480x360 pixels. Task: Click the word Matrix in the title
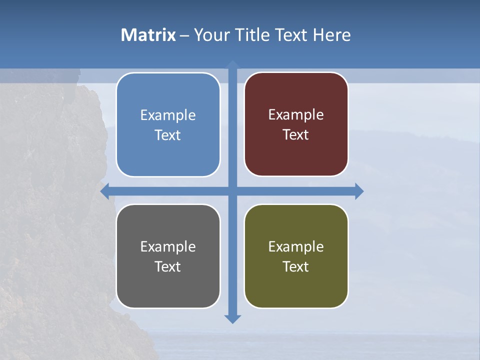tap(148, 35)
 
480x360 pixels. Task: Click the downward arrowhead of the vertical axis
tap(232, 318)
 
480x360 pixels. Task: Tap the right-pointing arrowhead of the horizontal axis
tap(359, 191)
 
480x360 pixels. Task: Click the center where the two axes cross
tap(232, 191)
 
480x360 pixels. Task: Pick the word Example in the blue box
tap(168, 115)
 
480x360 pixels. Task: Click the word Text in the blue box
tap(167, 135)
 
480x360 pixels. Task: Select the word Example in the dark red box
tap(296, 114)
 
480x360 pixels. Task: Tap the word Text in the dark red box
tap(295, 134)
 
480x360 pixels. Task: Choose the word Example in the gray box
tap(168, 246)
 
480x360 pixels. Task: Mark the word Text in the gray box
tap(167, 266)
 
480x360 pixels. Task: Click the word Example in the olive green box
tap(296, 246)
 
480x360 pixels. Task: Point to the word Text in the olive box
tap(295, 266)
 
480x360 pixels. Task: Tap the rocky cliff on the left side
tap(50, 200)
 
